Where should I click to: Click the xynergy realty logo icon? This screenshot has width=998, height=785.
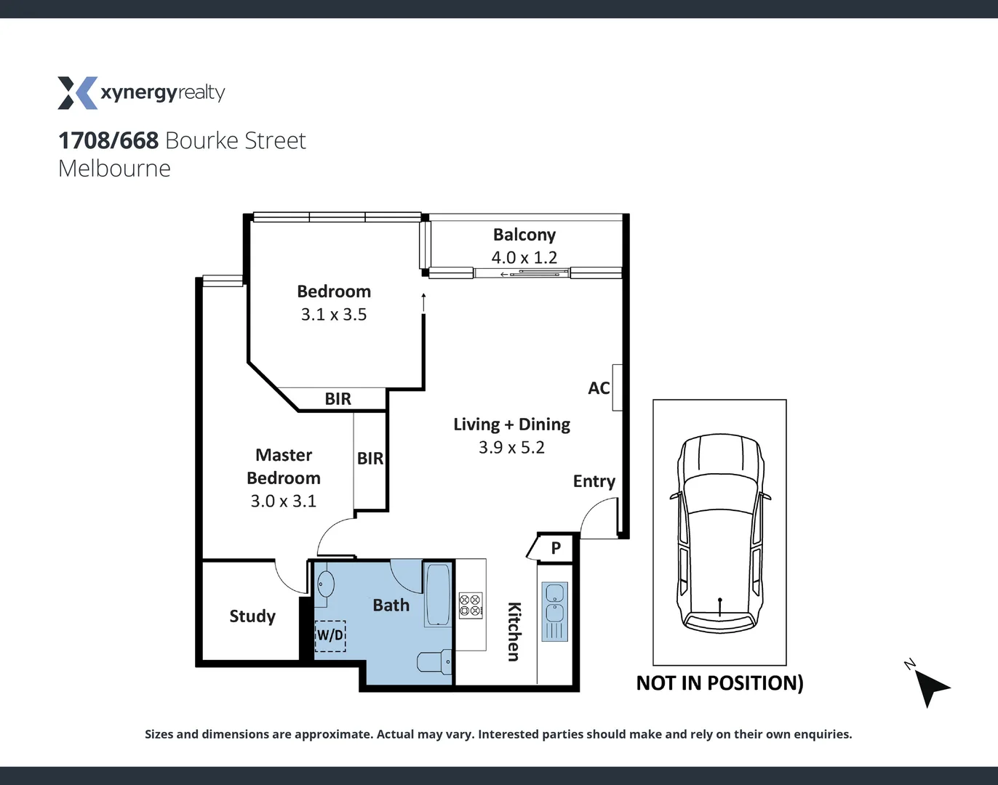click(x=77, y=93)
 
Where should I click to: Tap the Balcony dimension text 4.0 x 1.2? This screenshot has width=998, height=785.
click(x=524, y=257)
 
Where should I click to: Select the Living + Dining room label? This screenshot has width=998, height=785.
click(x=511, y=424)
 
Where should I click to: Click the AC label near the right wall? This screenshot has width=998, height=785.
click(x=599, y=388)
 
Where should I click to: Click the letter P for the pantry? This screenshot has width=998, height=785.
click(x=556, y=548)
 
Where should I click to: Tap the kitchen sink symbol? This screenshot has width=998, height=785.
click(x=554, y=611)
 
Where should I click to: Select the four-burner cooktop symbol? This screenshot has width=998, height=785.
click(x=471, y=605)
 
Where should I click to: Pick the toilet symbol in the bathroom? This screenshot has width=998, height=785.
click(x=435, y=661)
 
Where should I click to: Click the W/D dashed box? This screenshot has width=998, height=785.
click(x=330, y=635)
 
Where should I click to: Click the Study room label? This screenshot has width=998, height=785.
click(x=252, y=616)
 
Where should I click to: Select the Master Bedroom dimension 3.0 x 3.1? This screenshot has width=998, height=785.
click(x=283, y=501)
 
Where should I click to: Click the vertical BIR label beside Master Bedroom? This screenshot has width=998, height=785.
click(x=370, y=459)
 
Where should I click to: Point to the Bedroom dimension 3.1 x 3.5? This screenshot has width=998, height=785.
click(x=334, y=315)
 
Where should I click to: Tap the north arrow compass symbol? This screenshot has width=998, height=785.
click(x=930, y=687)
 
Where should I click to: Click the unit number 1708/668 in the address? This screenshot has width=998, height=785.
click(x=108, y=140)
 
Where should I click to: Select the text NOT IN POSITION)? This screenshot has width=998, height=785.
click(x=719, y=683)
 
